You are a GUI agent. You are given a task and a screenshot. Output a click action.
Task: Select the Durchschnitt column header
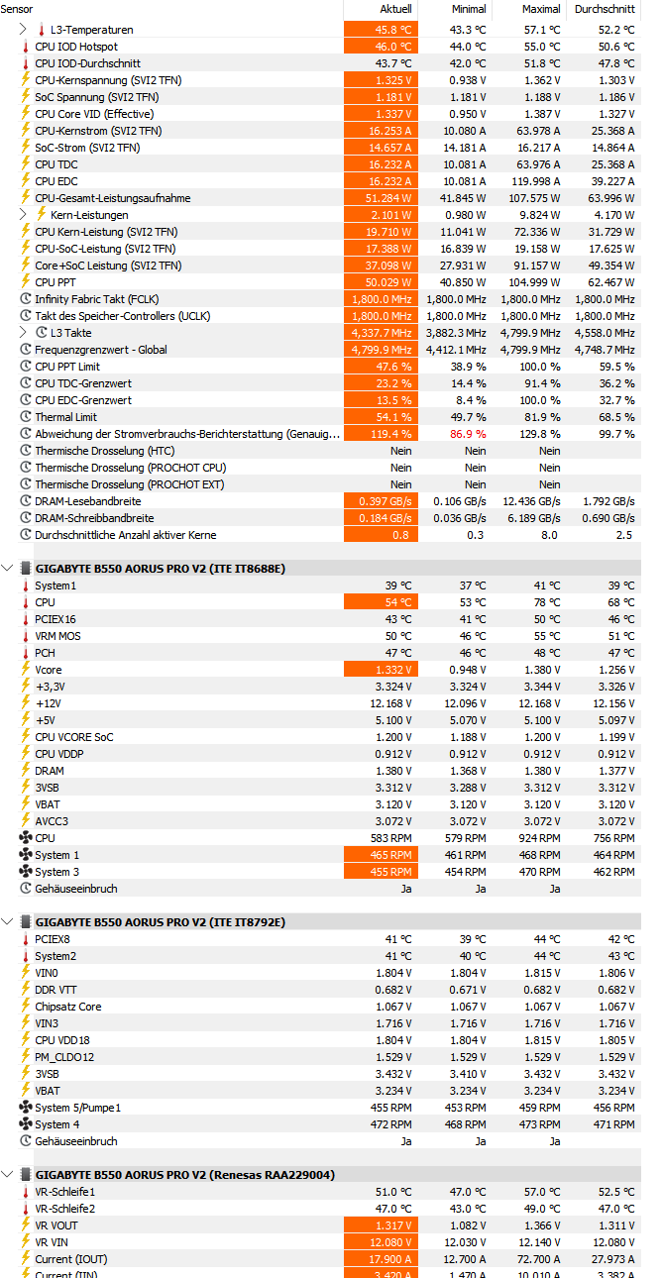[x=604, y=9]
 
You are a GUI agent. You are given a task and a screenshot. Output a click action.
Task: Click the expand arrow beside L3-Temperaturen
[x=24, y=30]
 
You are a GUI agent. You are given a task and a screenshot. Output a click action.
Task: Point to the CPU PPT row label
[x=55, y=282]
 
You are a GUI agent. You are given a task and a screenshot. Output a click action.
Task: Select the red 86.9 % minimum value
[x=468, y=434]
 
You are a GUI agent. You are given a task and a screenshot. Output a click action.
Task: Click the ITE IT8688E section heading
[x=161, y=569]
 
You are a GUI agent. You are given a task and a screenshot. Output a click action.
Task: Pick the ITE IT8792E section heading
[x=161, y=922]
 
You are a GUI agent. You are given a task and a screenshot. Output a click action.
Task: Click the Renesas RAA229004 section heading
[x=185, y=1175]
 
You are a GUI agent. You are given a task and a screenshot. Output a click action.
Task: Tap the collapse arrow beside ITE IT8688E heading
[x=9, y=569]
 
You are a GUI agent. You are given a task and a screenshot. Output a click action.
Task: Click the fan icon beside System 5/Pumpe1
[x=26, y=1108]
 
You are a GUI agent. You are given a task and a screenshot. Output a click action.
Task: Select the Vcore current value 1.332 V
[x=393, y=670]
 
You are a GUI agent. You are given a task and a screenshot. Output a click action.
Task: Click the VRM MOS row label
[x=57, y=636]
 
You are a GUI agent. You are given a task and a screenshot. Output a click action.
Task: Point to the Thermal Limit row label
[x=65, y=417]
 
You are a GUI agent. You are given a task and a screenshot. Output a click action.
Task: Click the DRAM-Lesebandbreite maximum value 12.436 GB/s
[x=533, y=501]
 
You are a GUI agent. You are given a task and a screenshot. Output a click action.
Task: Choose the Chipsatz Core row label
[x=67, y=1007]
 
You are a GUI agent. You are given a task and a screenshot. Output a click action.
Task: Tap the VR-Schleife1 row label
[x=64, y=1192]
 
